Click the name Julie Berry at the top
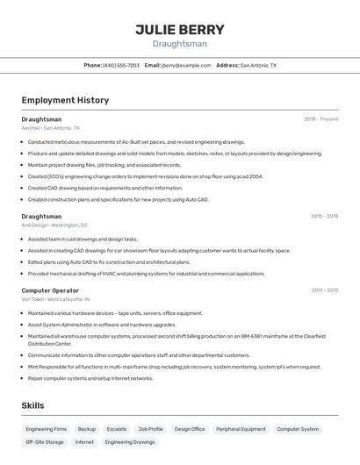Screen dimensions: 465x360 179,30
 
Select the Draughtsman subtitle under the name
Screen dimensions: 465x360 179,44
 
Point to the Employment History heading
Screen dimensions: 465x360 65,100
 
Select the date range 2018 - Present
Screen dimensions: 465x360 321,118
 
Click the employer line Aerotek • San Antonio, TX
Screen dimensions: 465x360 50,128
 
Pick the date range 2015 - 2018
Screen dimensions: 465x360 325,216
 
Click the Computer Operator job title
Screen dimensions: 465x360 50,290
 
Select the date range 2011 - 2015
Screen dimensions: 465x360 325,290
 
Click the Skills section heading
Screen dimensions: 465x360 32,405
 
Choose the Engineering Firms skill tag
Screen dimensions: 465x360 46,429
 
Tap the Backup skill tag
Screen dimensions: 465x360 86,429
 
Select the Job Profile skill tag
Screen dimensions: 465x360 150,429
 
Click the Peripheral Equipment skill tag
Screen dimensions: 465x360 241,429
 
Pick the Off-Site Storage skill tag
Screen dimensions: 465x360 44,442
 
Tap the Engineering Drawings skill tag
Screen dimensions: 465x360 130,442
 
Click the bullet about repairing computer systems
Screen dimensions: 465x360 90,378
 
